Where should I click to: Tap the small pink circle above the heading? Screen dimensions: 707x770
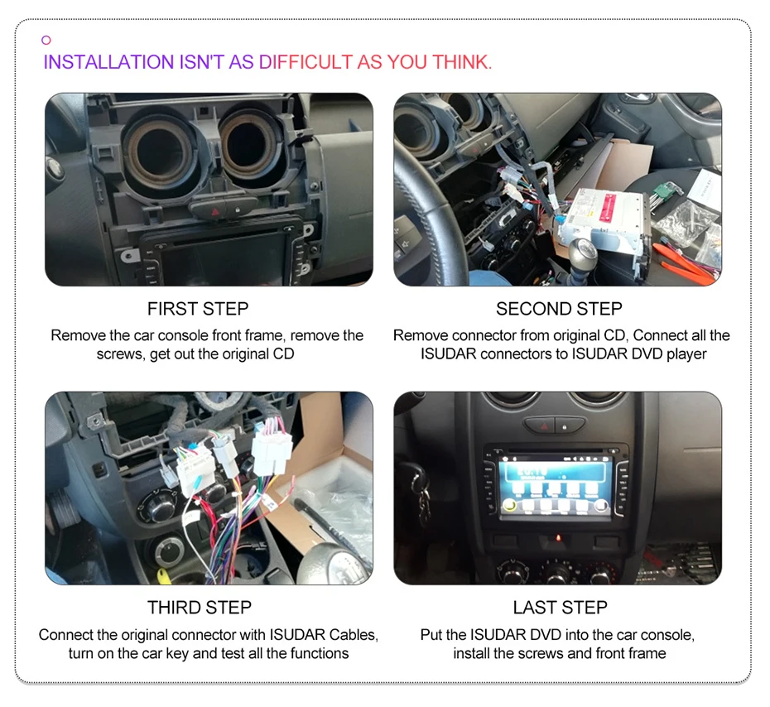coord(46,40)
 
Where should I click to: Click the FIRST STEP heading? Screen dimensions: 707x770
coord(198,309)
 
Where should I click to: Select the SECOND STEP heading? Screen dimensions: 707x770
coord(559,309)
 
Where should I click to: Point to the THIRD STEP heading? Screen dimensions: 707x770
coord(199,608)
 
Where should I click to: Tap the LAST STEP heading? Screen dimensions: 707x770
coord(560,608)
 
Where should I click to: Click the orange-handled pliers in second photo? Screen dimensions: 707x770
coord(683,265)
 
